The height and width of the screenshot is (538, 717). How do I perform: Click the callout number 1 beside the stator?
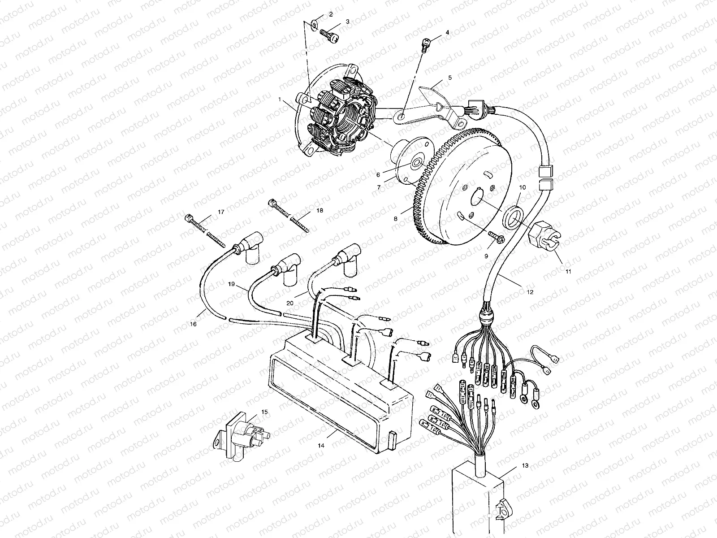pyautogui.click(x=280, y=99)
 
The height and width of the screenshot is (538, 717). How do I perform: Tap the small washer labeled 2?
pyautogui.click(x=315, y=24)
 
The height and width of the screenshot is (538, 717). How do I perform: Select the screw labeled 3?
pyautogui.click(x=329, y=36)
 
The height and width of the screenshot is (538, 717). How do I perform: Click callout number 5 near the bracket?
pyautogui.click(x=450, y=78)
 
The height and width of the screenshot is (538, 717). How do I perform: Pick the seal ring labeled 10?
pyautogui.click(x=514, y=216)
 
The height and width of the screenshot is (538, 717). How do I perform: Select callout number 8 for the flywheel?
pyautogui.click(x=396, y=219)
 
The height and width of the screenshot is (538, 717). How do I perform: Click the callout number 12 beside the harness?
pyautogui.click(x=530, y=292)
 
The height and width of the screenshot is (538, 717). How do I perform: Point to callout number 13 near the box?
pyautogui.click(x=525, y=465)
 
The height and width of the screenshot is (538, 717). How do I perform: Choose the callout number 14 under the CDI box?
pyautogui.click(x=321, y=446)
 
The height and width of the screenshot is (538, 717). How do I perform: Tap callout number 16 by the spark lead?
pyautogui.click(x=194, y=324)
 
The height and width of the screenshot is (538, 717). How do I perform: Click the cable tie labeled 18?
pyautogui.click(x=289, y=216)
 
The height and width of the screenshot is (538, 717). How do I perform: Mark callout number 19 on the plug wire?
pyautogui.click(x=231, y=284)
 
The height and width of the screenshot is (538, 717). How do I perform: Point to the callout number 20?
pyautogui.click(x=290, y=303)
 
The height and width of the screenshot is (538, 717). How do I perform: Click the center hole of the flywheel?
pyautogui.click(x=478, y=200)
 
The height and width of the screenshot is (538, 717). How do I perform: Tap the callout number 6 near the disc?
pyautogui.click(x=378, y=175)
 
